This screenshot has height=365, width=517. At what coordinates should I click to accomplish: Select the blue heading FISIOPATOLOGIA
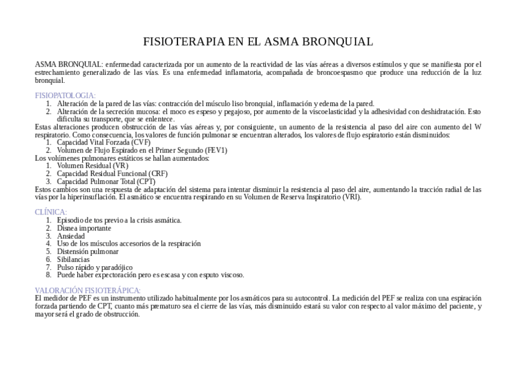65,96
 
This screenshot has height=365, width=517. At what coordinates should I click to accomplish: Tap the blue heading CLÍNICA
51,212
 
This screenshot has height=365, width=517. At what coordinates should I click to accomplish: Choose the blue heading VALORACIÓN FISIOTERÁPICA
88,291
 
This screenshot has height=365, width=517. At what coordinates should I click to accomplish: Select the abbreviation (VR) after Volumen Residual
121,166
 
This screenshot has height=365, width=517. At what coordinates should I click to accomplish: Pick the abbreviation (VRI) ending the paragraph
351,197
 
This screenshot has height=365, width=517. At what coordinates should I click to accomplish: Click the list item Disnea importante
84,229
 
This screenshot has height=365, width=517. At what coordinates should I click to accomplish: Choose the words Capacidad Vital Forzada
91,142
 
